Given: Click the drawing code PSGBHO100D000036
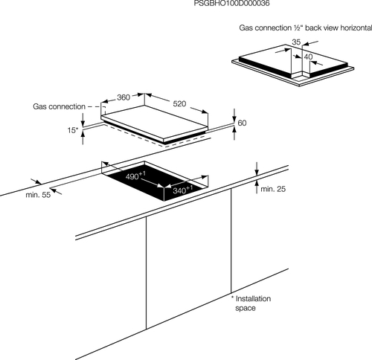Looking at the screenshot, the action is pos(231,3).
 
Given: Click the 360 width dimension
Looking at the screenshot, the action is pos(124,97).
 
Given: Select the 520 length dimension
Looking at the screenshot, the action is pos(179,103).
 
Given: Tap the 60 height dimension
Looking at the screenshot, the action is pos(242,123).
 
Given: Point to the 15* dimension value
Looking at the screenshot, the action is pos(73,130).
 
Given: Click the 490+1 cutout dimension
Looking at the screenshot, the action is pos(135,176).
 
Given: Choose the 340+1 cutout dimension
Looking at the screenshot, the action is pos(183,190).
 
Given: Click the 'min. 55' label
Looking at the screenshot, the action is pos(38,195).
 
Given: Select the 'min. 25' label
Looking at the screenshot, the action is pos(273,189).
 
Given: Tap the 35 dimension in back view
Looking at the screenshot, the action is pos(296,42).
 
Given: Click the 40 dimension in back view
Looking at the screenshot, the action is pos(308,57).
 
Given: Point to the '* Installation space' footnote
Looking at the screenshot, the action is pos(251,303).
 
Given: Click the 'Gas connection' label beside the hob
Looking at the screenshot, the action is pos(59,106).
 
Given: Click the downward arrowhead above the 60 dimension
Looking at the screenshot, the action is pos(234,120).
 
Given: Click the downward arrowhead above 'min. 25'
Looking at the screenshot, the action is pos(257,173).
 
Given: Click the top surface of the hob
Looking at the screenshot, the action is pos(154,121).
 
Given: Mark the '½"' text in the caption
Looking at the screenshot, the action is pos(298,28).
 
